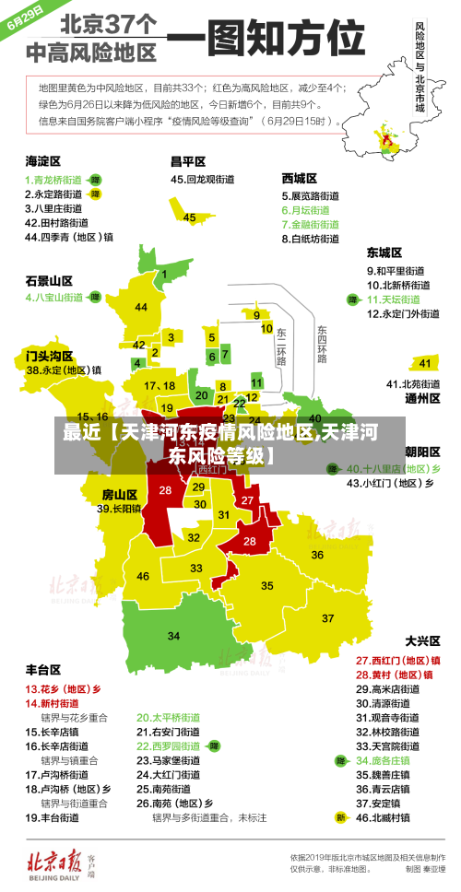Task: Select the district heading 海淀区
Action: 44,160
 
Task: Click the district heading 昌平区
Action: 188,160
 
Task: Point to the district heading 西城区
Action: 300,178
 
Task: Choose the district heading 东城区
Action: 384,252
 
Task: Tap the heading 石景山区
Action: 49,280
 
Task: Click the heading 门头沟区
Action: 49,354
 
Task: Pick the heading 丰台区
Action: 43,670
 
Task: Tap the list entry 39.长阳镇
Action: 119,509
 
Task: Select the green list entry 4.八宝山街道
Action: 54,298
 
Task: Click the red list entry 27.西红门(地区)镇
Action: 397,660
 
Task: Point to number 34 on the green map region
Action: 173,636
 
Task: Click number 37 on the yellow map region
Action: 327,617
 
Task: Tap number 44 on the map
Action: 141,307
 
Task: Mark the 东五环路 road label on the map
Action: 322,343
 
